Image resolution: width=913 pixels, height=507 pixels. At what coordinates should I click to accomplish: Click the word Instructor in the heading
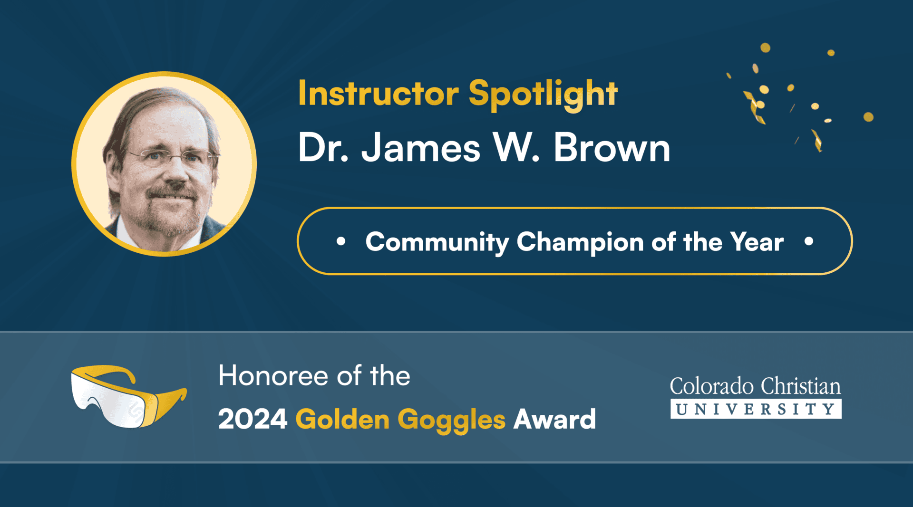(378, 93)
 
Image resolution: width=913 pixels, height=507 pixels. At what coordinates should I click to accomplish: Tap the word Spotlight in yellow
(543, 94)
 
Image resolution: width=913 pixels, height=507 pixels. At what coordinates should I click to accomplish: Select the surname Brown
(612, 148)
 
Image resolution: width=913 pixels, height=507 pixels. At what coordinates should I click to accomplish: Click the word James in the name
(421, 148)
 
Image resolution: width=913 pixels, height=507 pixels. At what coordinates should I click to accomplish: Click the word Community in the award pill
(437, 242)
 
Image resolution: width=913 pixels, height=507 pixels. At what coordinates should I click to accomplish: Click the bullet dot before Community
(340, 241)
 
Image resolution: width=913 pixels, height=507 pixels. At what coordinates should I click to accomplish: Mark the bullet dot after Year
(808, 241)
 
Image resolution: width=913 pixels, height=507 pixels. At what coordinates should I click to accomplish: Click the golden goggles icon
(127, 395)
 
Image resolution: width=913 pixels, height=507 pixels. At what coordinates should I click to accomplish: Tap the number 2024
(253, 419)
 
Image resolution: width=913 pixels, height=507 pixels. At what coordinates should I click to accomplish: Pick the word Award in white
(554, 419)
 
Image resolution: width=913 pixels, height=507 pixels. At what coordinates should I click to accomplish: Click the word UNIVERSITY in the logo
(756, 409)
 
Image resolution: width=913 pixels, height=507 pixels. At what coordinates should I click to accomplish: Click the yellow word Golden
(342, 419)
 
